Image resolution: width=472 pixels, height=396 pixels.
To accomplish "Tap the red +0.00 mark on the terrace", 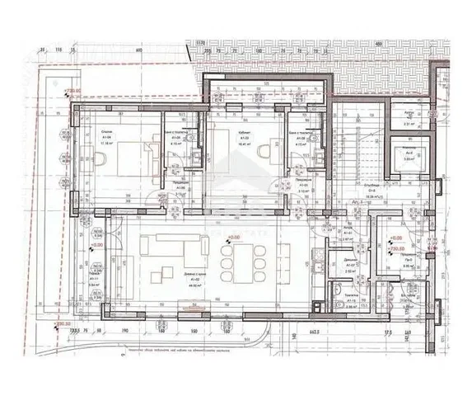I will tap(96, 245).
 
